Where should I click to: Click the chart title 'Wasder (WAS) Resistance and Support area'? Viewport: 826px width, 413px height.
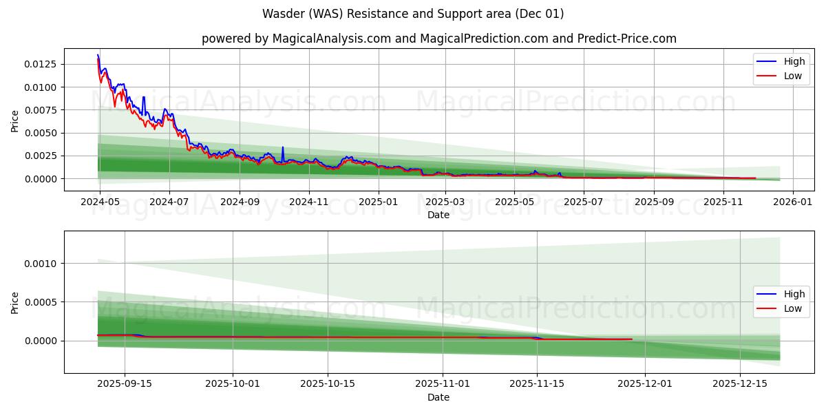413,14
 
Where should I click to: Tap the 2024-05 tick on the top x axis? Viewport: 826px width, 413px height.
100,202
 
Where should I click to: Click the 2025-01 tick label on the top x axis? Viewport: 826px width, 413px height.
378,202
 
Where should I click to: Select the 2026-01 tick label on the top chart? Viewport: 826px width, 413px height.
793,202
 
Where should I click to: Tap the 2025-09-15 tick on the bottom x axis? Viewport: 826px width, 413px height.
125,384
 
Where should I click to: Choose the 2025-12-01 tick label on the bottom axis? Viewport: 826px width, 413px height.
645,384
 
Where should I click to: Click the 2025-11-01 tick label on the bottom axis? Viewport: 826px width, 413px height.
442,384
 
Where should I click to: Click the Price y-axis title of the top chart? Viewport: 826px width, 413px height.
15,120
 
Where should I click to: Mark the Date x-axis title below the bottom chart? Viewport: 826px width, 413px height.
438,397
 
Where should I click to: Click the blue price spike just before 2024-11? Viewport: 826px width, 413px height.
282,147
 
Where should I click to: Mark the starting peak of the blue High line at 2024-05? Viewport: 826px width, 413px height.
98,55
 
